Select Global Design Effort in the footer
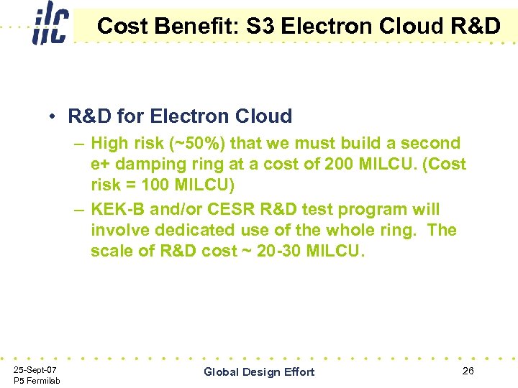coord(259,371)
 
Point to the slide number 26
coord(468,371)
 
